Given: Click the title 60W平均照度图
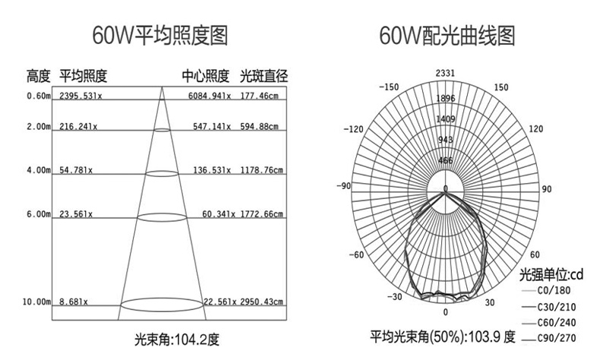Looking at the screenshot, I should point(159,35).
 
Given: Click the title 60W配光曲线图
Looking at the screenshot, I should point(445,35).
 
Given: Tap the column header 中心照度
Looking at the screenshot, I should point(205,76).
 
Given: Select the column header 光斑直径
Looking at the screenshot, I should point(264,76).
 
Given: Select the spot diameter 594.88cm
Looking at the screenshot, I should point(259,127).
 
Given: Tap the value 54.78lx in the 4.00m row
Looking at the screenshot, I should point(76,171).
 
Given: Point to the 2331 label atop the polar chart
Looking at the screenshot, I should point(445,73).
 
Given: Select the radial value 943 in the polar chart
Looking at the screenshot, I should point(445,140).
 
